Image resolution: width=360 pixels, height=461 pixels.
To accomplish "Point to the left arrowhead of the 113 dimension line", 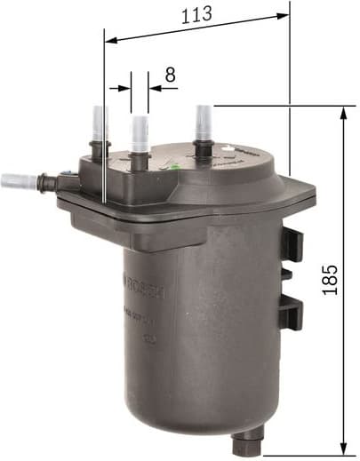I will point(110,38).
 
